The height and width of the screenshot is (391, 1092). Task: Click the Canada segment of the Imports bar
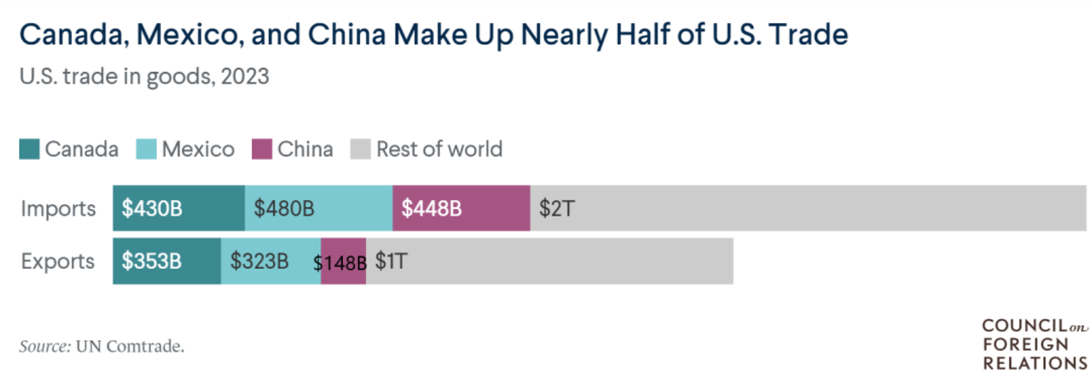pos(179,208)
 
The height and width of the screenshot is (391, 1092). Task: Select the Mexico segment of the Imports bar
pos(318,208)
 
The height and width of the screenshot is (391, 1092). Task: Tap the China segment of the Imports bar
pos(461,208)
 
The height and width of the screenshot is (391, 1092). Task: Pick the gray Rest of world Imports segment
pos(808,208)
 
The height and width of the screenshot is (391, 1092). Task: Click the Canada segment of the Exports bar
pos(167,261)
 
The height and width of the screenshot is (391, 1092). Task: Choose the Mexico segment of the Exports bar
pos(271,261)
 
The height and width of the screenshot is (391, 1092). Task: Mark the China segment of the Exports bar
pos(344,261)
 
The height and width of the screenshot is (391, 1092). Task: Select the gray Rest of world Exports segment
pos(550,261)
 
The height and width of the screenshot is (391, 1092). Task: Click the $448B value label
pos(431,208)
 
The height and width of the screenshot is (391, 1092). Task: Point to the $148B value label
pos(340,263)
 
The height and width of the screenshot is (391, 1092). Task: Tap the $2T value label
pos(556,208)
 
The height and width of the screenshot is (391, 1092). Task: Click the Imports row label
pos(58,208)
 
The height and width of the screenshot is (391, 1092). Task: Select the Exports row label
pos(58,261)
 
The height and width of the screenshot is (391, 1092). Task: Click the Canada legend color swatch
pos(29,149)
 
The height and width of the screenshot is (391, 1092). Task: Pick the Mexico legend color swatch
pos(146,149)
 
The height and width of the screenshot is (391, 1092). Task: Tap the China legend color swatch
pos(262,149)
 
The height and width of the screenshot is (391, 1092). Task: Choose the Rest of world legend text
pos(439,149)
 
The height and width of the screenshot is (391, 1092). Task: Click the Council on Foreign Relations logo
pos(1034,344)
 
